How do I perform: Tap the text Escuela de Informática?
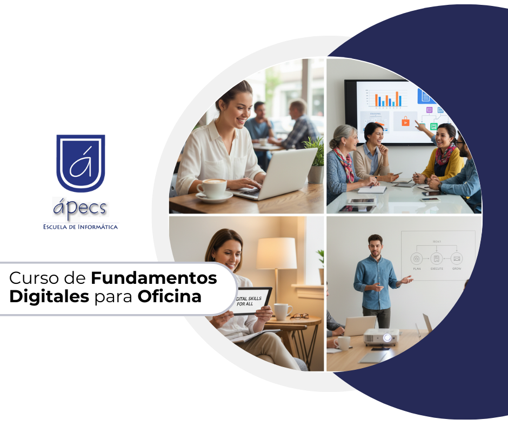click(81, 227)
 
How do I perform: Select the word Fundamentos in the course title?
click(154, 278)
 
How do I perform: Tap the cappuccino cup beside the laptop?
click(211, 189)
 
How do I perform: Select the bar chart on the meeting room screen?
click(387, 99)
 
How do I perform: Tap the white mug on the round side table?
click(281, 311)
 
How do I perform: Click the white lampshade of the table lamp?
click(276, 253)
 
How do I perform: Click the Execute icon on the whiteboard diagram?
click(437, 258)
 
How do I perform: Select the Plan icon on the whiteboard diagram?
click(416, 258)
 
